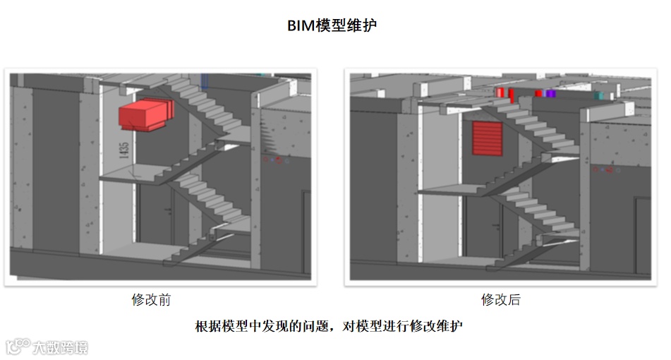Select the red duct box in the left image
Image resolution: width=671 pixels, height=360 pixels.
pyautogui.click(x=145, y=115)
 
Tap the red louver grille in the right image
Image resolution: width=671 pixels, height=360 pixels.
pyautogui.click(x=486, y=137)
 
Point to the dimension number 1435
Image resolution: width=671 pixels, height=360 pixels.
pyautogui.click(x=125, y=151)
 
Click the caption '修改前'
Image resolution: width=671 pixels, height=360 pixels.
pyautogui.click(x=151, y=299)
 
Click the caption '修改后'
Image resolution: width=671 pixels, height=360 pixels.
pyautogui.click(x=501, y=299)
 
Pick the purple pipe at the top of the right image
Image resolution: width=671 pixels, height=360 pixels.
pyautogui.click(x=550, y=93)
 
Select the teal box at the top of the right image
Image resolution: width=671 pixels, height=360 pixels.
pyautogui.click(x=599, y=95)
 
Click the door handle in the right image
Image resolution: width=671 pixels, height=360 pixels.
pyautogui.click(x=498, y=226)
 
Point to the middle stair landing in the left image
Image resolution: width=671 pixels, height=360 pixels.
pyautogui.click(x=131, y=173)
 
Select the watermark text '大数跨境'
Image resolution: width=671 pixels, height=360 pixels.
pyautogui.click(x=61, y=347)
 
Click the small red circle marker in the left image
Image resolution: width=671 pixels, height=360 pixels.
pyautogui.click(x=278, y=160)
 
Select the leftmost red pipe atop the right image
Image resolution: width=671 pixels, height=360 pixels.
pyautogui.click(x=500, y=92)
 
